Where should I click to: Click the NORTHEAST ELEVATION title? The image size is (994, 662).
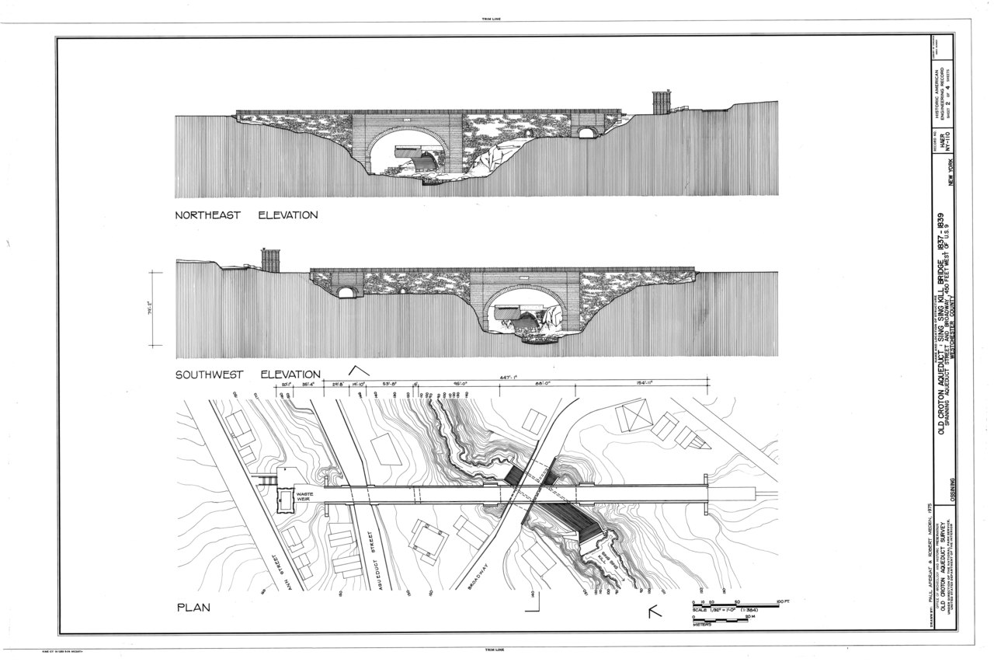(246, 215)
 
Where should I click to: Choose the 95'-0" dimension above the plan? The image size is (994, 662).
(464, 382)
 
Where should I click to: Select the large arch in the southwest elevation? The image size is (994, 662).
(525, 312)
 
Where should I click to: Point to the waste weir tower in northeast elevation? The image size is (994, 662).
(661, 102)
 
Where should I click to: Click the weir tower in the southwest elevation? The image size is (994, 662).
(270, 260)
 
